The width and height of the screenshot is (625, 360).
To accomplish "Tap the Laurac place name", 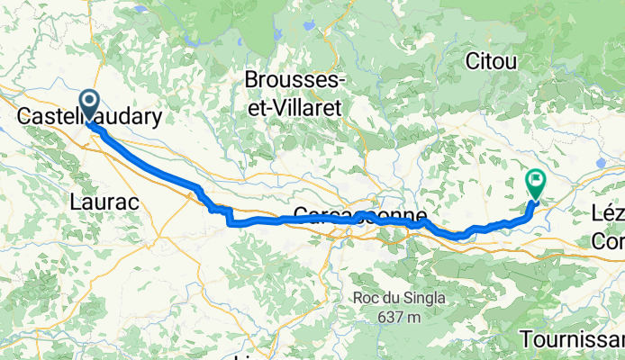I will (104, 203).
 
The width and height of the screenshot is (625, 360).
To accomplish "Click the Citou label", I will (492, 62).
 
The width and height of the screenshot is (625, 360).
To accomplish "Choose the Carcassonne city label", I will (359, 217).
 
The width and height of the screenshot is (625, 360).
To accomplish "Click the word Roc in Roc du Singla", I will (366, 299).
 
